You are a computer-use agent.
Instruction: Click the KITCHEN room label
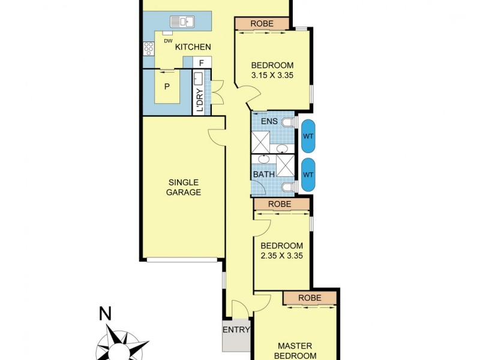click(x=193, y=47)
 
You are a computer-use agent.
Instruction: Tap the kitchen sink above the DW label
click(x=182, y=22)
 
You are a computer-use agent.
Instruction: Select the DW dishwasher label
click(x=167, y=41)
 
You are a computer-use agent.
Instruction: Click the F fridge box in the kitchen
click(x=202, y=62)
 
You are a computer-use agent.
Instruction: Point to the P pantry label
click(x=167, y=86)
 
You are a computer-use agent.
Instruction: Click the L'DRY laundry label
click(x=200, y=101)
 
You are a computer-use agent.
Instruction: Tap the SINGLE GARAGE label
click(x=184, y=187)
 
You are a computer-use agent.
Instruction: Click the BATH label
click(x=264, y=175)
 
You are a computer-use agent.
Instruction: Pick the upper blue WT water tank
click(x=308, y=136)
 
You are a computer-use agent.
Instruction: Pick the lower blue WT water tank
click(x=308, y=175)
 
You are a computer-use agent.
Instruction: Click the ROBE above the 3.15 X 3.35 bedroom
click(x=262, y=23)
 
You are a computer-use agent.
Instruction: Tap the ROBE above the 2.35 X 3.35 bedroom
click(x=280, y=204)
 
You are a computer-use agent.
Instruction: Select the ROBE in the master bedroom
click(x=310, y=298)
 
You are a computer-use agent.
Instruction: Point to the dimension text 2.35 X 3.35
click(x=281, y=255)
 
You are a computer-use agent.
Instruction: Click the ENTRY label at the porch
click(x=236, y=329)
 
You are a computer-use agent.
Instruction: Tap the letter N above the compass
click(x=106, y=313)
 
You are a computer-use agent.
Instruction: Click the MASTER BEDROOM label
click(x=296, y=350)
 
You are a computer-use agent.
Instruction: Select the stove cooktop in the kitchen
click(x=148, y=47)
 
